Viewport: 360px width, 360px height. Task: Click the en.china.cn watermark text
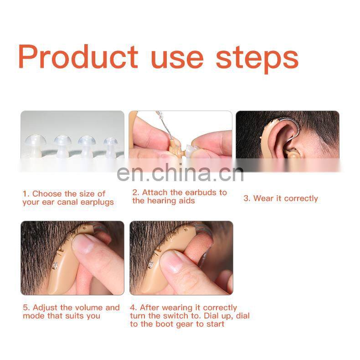point(180,173)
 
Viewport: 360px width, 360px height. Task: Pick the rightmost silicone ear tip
point(110,145)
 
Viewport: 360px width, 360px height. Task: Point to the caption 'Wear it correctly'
point(280,198)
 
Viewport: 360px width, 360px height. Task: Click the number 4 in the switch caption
point(133,308)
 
